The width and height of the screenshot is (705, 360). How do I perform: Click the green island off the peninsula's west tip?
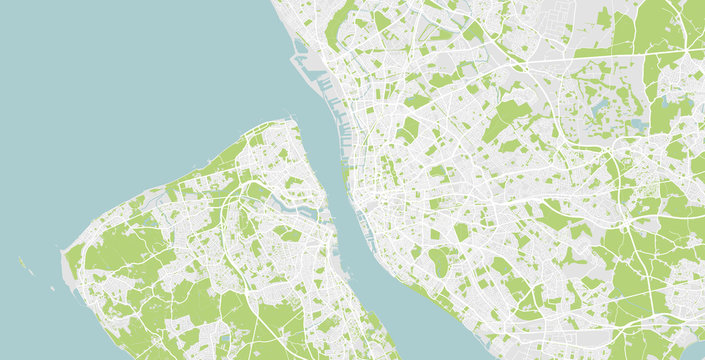(x=21, y=263)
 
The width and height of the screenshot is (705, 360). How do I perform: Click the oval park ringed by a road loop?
(x=438, y=262)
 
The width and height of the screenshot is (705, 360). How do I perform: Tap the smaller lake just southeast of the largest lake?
(x=638, y=126)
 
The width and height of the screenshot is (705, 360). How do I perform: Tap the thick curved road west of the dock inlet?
(x=240, y=200)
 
